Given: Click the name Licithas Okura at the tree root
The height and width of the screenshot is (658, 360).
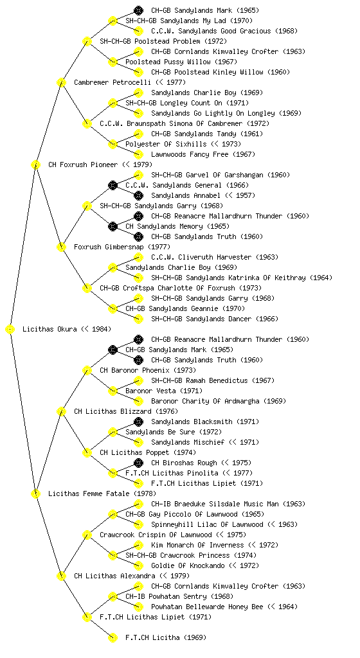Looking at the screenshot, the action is pyautogui.click(x=50, y=330).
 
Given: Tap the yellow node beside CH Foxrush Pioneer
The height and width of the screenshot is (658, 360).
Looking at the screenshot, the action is pyautogui.click(x=35, y=165).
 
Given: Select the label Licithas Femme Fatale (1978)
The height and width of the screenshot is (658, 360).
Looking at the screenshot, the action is pyautogui.click(x=102, y=494).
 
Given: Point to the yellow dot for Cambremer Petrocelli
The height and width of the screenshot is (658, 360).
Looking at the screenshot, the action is pyautogui.click(x=61, y=83).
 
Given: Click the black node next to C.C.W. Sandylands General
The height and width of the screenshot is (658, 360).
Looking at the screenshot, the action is pyautogui.click(x=113, y=186).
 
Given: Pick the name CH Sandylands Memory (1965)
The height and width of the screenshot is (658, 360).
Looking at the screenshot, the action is pyautogui.click(x=177, y=227).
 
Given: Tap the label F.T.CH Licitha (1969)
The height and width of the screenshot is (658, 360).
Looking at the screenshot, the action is pyautogui.click(x=166, y=638).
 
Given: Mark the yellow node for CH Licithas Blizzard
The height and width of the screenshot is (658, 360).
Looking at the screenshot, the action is pyautogui.click(x=61, y=412).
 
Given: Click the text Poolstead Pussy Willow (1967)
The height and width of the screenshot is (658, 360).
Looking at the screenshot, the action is pyautogui.click(x=181, y=62).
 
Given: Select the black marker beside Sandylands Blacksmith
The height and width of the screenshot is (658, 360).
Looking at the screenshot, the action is pyautogui.click(x=138, y=422).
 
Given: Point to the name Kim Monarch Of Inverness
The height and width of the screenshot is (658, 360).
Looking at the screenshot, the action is pyautogui.click(x=197, y=545).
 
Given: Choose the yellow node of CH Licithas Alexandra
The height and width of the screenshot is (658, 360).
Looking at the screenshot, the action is pyautogui.click(x=61, y=576).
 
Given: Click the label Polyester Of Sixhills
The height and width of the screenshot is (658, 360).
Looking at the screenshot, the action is pyautogui.click(x=166, y=145).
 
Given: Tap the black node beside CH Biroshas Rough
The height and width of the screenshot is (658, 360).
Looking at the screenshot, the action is pyautogui.click(x=138, y=463).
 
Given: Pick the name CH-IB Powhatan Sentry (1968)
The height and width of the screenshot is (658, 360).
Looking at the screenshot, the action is pyautogui.click(x=179, y=597).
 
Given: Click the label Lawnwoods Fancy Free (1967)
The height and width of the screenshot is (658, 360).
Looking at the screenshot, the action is pyautogui.click(x=203, y=155).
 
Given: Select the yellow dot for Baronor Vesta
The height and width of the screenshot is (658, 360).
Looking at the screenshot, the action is pyautogui.click(x=113, y=391).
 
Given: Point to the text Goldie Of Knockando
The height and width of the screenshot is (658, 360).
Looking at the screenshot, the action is pyautogui.click(x=188, y=565).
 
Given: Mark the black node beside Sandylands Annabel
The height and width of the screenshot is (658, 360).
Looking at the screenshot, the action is pyautogui.click(x=138, y=195).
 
